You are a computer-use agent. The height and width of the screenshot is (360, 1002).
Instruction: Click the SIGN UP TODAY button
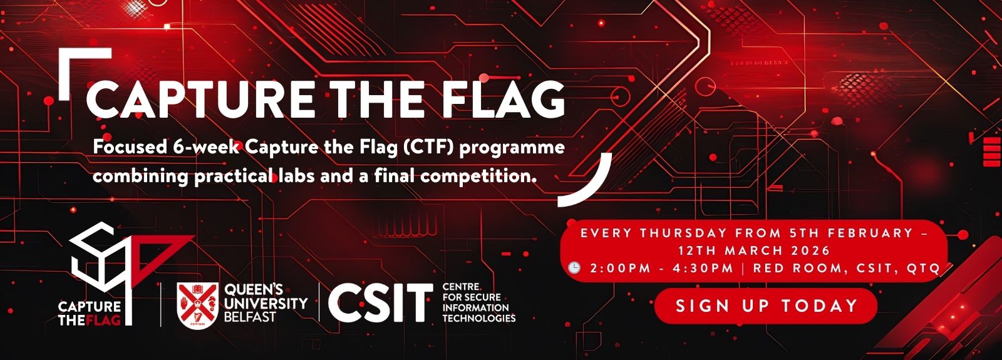(766, 306)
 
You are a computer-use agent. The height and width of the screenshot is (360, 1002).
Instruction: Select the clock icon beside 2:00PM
(574, 267)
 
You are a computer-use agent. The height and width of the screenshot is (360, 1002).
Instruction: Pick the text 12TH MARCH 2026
(754, 250)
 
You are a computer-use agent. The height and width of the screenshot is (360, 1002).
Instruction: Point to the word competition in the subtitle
(478, 177)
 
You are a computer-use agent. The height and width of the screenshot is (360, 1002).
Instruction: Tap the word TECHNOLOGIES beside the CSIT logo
(479, 319)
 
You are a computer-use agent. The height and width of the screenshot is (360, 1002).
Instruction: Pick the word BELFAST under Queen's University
(250, 317)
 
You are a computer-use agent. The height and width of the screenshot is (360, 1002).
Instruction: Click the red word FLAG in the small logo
(104, 320)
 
